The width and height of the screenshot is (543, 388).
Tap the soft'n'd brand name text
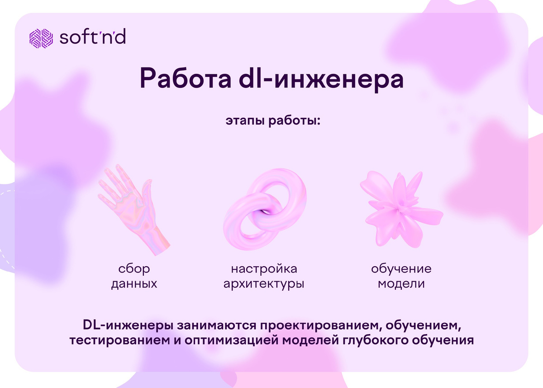(x=93, y=38)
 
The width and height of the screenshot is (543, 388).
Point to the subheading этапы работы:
(x=272, y=121)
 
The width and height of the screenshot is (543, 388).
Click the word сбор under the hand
(x=134, y=269)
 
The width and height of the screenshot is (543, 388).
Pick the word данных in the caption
(x=134, y=284)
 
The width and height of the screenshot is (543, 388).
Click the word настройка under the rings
(x=264, y=269)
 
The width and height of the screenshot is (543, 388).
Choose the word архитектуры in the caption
(x=264, y=285)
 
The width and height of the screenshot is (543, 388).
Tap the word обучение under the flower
(x=401, y=269)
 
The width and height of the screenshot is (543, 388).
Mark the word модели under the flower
(x=401, y=284)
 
